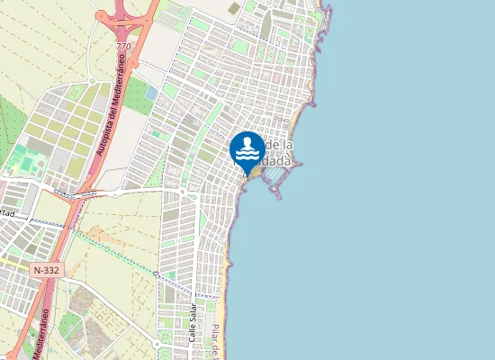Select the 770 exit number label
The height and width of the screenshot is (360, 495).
tap(123, 45)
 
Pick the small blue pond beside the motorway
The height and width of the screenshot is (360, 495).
tap(150, 93)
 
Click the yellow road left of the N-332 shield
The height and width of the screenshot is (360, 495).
tap(13, 265)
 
